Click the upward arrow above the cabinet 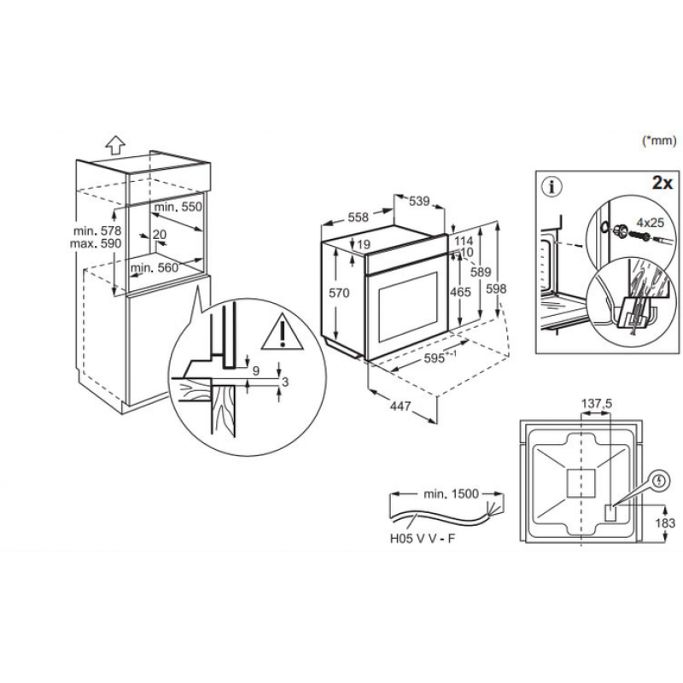[115, 144]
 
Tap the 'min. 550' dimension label [178, 207]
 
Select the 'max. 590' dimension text [96, 243]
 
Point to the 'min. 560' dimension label [155, 267]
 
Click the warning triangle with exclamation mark [283, 332]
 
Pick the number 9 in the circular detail [255, 371]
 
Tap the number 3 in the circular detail [285, 382]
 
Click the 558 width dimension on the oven [358, 217]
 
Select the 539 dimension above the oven [419, 201]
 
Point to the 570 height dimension [339, 293]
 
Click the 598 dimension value [496, 289]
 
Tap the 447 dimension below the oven [400, 406]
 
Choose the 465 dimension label [460, 291]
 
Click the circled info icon [552, 187]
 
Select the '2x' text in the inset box [663, 183]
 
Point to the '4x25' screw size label [651, 223]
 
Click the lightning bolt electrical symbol [660, 481]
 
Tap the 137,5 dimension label [597, 404]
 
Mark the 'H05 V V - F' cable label [422, 539]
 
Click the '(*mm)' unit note [659, 140]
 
